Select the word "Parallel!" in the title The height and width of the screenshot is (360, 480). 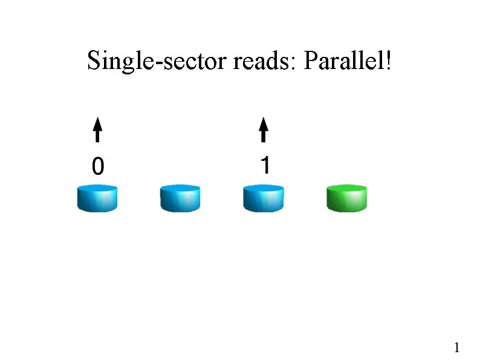tap(347, 61)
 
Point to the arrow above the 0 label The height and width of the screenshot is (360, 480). tap(97, 131)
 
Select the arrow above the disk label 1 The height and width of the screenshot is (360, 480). tap(264, 131)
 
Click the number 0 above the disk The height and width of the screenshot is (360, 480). tap(97, 165)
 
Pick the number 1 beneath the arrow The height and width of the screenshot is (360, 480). tap(264, 165)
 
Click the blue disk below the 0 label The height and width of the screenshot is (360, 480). tap(97, 199)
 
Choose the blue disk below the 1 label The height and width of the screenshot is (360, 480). tap(264, 199)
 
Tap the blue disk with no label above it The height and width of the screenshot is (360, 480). tap(180, 199)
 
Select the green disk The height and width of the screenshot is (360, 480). tap(346, 199)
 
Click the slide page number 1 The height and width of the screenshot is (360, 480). tap(457, 348)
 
